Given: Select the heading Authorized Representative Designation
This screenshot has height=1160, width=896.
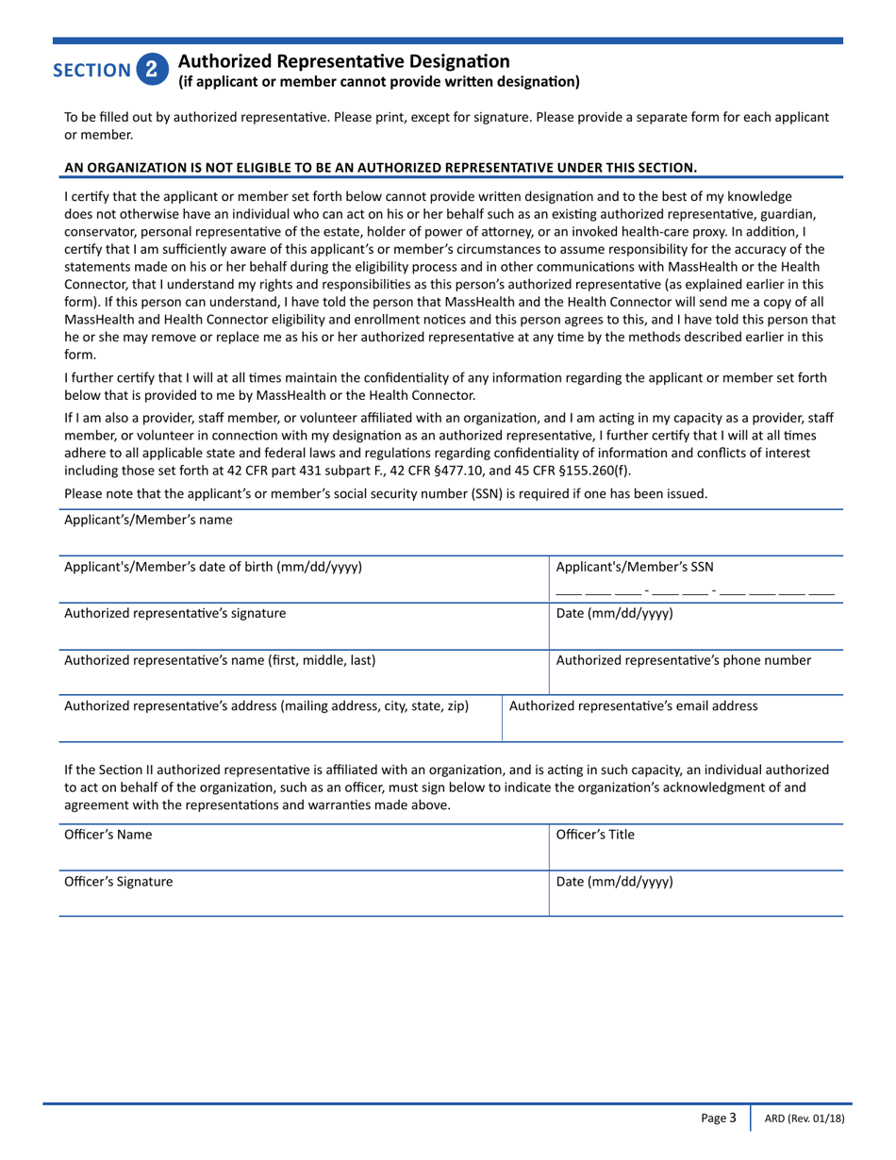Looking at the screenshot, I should (x=344, y=61).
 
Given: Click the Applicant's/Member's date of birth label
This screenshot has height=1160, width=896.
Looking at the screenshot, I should (x=212, y=567).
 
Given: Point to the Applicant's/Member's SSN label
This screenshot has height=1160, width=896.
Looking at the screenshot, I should (x=635, y=567).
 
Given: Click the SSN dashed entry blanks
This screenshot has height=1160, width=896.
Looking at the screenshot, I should (x=694, y=593).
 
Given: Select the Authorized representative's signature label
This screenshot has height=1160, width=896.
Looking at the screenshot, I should (x=174, y=613).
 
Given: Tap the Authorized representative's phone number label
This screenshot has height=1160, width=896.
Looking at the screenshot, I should (x=683, y=660).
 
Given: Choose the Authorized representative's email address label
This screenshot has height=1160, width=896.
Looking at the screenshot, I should (x=633, y=705).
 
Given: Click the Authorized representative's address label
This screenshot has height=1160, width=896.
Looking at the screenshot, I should (x=266, y=705).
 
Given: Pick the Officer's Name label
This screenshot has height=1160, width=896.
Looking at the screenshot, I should (x=108, y=835).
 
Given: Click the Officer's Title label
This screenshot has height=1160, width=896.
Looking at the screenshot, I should (x=595, y=835).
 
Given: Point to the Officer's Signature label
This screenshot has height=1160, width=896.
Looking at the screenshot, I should (x=118, y=882).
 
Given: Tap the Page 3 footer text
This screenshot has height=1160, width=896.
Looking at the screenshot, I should (x=719, y=1119).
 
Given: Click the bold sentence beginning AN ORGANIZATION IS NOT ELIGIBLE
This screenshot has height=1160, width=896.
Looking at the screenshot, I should (x=380, y=168).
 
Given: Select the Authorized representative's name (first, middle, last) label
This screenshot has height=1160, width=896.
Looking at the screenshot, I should (x=220, y=660).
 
